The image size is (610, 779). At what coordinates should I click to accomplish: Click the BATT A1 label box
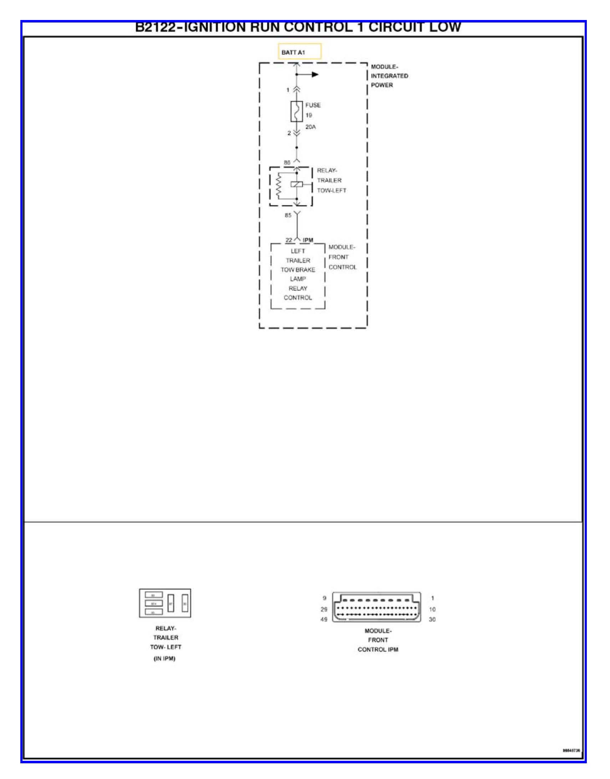[x=300, y=52]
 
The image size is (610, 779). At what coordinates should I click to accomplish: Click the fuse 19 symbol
[x=296, y=111]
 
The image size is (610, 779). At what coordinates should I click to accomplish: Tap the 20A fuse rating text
[x=310, y=127]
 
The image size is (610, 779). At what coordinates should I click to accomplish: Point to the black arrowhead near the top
[x=315, y=75]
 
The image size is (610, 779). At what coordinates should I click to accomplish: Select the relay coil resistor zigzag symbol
[x=279, y=186]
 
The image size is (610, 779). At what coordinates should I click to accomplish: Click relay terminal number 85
[x=288, y=216]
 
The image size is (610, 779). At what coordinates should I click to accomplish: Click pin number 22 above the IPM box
[x=289, y=240]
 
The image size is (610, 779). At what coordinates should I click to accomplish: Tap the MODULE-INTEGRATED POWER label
[x=389, y=76]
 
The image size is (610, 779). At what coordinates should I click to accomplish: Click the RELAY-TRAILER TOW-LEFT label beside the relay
[x=331, y=180]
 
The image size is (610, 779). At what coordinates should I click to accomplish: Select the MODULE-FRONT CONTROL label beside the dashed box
[x=342, y=257]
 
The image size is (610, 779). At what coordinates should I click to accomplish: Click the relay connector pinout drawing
[x=165, y=603]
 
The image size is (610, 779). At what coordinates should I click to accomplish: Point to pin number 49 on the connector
[x=324, y=619]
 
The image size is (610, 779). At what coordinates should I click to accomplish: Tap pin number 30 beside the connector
[x=432, y=619]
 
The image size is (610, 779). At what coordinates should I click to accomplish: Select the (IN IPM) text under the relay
[x=164, y=659]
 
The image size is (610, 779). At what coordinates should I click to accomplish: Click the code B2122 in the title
[x=156, y=28]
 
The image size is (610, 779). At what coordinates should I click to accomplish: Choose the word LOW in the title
[x=445, y=28]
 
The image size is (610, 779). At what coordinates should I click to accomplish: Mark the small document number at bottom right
[x=571, y=750]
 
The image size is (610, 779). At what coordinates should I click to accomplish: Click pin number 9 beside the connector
[x=324, y=598]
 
